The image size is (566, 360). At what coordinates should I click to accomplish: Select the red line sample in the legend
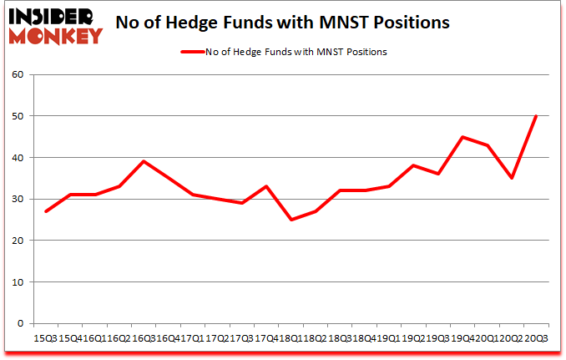click(x=193, y=52)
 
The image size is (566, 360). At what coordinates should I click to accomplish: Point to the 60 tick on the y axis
click(x=19, y=75)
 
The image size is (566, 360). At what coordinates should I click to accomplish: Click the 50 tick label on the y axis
click(x=19, y=116)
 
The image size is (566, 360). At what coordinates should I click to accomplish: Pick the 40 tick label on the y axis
click(x=19, y=158)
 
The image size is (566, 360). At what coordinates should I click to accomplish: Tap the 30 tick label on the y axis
click(x=19, y=199)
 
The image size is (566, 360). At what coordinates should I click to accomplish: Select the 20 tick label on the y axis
click(x=19, y=241)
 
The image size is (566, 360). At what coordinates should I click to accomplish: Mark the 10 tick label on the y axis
click(x=19, y=281)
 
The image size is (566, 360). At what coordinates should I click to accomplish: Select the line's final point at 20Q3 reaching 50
click(x=535, y=116)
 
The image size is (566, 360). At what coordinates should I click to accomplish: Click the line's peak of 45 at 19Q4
click(x=462, y=137)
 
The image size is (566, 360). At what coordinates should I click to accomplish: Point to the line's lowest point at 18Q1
click(x=291, y=220)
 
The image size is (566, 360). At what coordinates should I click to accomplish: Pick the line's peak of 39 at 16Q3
click(x=144, y=161)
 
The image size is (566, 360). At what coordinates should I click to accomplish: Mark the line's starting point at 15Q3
click(x=45, y=211)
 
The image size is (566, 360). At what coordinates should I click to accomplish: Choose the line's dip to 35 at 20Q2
click(x=511, y=178)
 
